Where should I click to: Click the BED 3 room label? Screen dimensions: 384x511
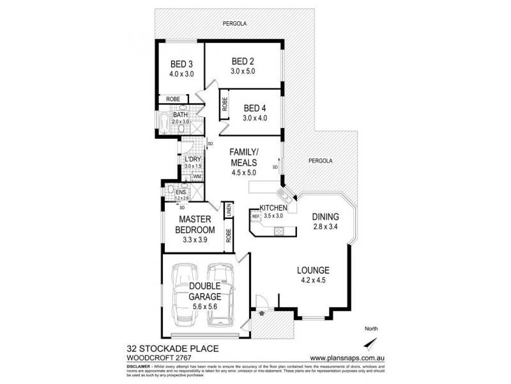181,64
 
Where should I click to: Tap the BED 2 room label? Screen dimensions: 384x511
243,61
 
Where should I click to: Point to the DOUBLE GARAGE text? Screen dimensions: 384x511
204,291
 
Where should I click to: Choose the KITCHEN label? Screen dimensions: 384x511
275,208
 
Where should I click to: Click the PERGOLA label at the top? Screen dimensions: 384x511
234,24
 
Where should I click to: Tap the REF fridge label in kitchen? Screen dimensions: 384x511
256,216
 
